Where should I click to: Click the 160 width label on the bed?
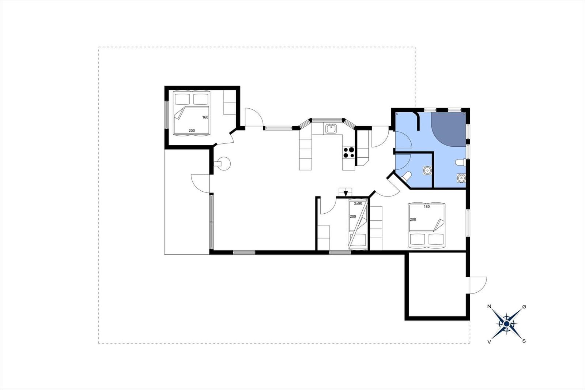(x=205, y=117)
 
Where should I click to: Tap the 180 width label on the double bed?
(x=426, y=206)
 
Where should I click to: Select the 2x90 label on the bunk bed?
(x=358, y=203)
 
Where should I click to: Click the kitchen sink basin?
(x=331, y=129)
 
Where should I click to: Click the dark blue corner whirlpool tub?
(x=449, y=130)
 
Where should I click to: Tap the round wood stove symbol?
(x=224, y=164)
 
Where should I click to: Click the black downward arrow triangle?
(x=346, y=194)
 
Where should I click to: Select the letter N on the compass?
(x=490, y=306)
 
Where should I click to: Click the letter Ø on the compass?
(x=524, y=307)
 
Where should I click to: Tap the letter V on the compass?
(x=489, y=342)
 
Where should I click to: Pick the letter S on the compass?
(x=524, y=341)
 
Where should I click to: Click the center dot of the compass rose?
(x=507, y=324)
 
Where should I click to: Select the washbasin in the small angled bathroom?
(x=427, y=170)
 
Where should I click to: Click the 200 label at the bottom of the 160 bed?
(x=192, y=131)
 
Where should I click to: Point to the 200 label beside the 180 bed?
(x=413, y=219)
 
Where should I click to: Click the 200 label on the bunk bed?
(x=353, y=217)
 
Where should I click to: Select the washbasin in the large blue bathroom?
(x=461, y=178)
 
